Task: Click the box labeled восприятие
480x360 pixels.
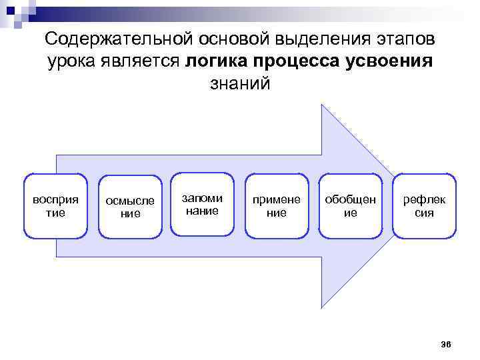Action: pyautogui.click(x=55, y=206)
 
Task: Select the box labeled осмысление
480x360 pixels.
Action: pyautogui.click(x=130, y=207)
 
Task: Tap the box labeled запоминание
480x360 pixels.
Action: pyautogui.click(x=203, y=205)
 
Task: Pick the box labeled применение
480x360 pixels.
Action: pyautogui.click(x=276, y=206)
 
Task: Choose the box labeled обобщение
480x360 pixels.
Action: pyautogui.click(x=350, y=206)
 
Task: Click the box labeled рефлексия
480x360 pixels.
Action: pyautogui.click(x=424, y=206)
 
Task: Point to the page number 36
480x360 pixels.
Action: pyautogui.click(x=446, y=344)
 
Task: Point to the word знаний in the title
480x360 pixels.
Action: pyautogui.click(x=240, y=85)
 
